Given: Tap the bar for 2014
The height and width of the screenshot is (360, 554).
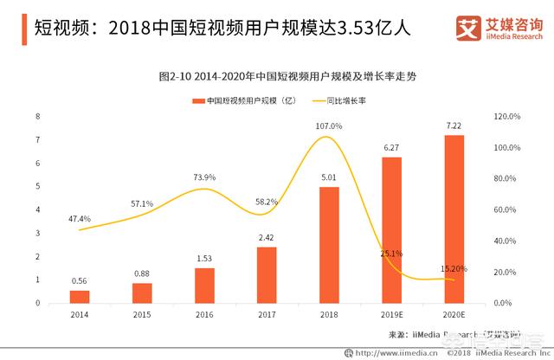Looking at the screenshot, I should click(80, 296).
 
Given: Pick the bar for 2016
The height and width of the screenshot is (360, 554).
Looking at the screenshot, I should click(203, 286).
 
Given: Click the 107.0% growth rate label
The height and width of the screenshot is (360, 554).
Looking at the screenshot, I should click(330, 126).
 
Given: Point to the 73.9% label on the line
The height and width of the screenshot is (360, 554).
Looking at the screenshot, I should click(204, 177).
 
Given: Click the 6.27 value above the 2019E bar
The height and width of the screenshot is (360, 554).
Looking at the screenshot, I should click(391, 147).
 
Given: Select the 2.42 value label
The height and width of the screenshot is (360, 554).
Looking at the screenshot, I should click(267, 236).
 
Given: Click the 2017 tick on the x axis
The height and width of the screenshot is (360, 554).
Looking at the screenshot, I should click(267, 316).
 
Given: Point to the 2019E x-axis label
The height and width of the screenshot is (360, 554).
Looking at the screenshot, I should click(391, 316).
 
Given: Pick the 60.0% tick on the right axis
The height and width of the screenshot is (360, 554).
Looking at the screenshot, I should click(504, 209).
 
